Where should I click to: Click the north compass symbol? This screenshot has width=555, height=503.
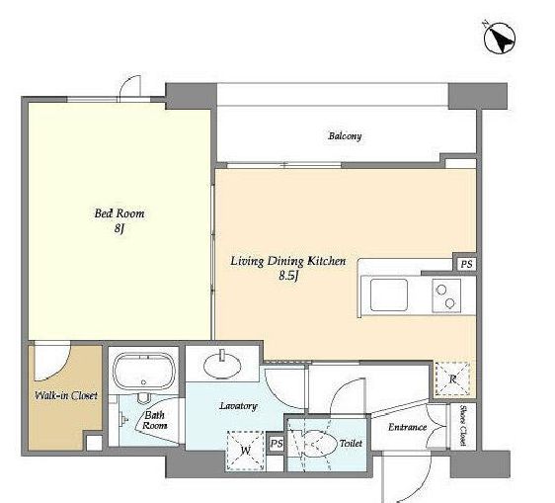[x=500, y=38]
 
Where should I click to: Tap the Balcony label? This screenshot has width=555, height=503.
[x=345, y=136]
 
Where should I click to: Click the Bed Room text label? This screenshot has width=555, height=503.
[x=119, y=213]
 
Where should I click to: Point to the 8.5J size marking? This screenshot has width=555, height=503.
[x=288, y=276]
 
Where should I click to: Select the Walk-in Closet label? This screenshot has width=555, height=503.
[x=66, y=395]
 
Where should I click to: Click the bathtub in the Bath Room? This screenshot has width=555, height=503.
[x=144, y=372]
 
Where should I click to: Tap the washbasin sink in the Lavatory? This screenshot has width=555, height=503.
[x=222, y=364]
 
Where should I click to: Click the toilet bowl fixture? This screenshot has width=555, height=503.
[x=316, y=444]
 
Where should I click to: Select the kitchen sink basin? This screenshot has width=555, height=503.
[x=389, y=294]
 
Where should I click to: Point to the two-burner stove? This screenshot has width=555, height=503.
[x=446, y=295]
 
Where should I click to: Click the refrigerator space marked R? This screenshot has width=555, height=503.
[x=452, y=379]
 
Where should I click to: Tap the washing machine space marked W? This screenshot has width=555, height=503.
[x=245, y=451]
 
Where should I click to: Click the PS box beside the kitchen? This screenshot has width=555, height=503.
[x=466, y=264]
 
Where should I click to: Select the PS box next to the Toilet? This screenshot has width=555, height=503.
[x=277, y=444]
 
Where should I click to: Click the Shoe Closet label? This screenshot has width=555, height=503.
[x=462, y=425]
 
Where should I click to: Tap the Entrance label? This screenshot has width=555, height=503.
[x=407, y=427]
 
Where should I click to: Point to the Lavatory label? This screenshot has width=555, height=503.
[x=238, y=406]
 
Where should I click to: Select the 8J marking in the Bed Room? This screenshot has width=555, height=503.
[x=119, y=228]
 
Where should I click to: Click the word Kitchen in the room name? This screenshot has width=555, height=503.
[x=326, y=261]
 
